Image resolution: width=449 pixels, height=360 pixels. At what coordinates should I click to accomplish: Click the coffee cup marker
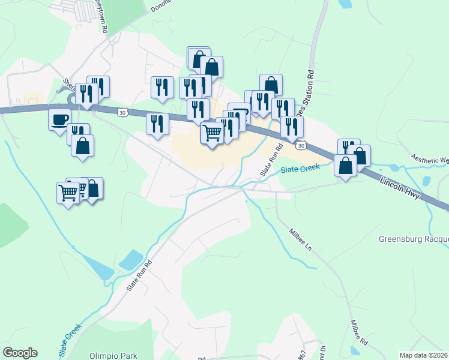pyautogui.click(x=59, y=119)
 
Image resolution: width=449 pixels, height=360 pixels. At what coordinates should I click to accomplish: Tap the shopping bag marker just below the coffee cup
pyautogui.click(x=82, y=146)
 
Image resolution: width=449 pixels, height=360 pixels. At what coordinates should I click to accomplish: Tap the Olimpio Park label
pyautogui.click(x=113, y=355)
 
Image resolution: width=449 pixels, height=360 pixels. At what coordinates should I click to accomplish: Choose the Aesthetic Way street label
pyautogui.click(x=430, y=160)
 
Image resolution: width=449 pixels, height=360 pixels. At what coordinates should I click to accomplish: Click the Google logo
pyautogui.click(x=20, y=352)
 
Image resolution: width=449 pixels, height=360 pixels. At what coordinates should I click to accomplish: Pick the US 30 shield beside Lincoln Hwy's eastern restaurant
pyautogui.click(x=301, y=145)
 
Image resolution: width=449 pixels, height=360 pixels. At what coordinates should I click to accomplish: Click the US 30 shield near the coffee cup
pyautogui.click(x=122, y=112)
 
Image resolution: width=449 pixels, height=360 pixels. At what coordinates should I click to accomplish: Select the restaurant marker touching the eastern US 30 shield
pyautogui.click(x=292, y=127)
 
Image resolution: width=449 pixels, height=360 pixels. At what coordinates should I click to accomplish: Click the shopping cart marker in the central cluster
pyautogui.click(x=212, y=133)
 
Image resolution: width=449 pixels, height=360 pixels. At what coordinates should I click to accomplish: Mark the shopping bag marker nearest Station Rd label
pyautogui.click(x=271, y=85)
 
